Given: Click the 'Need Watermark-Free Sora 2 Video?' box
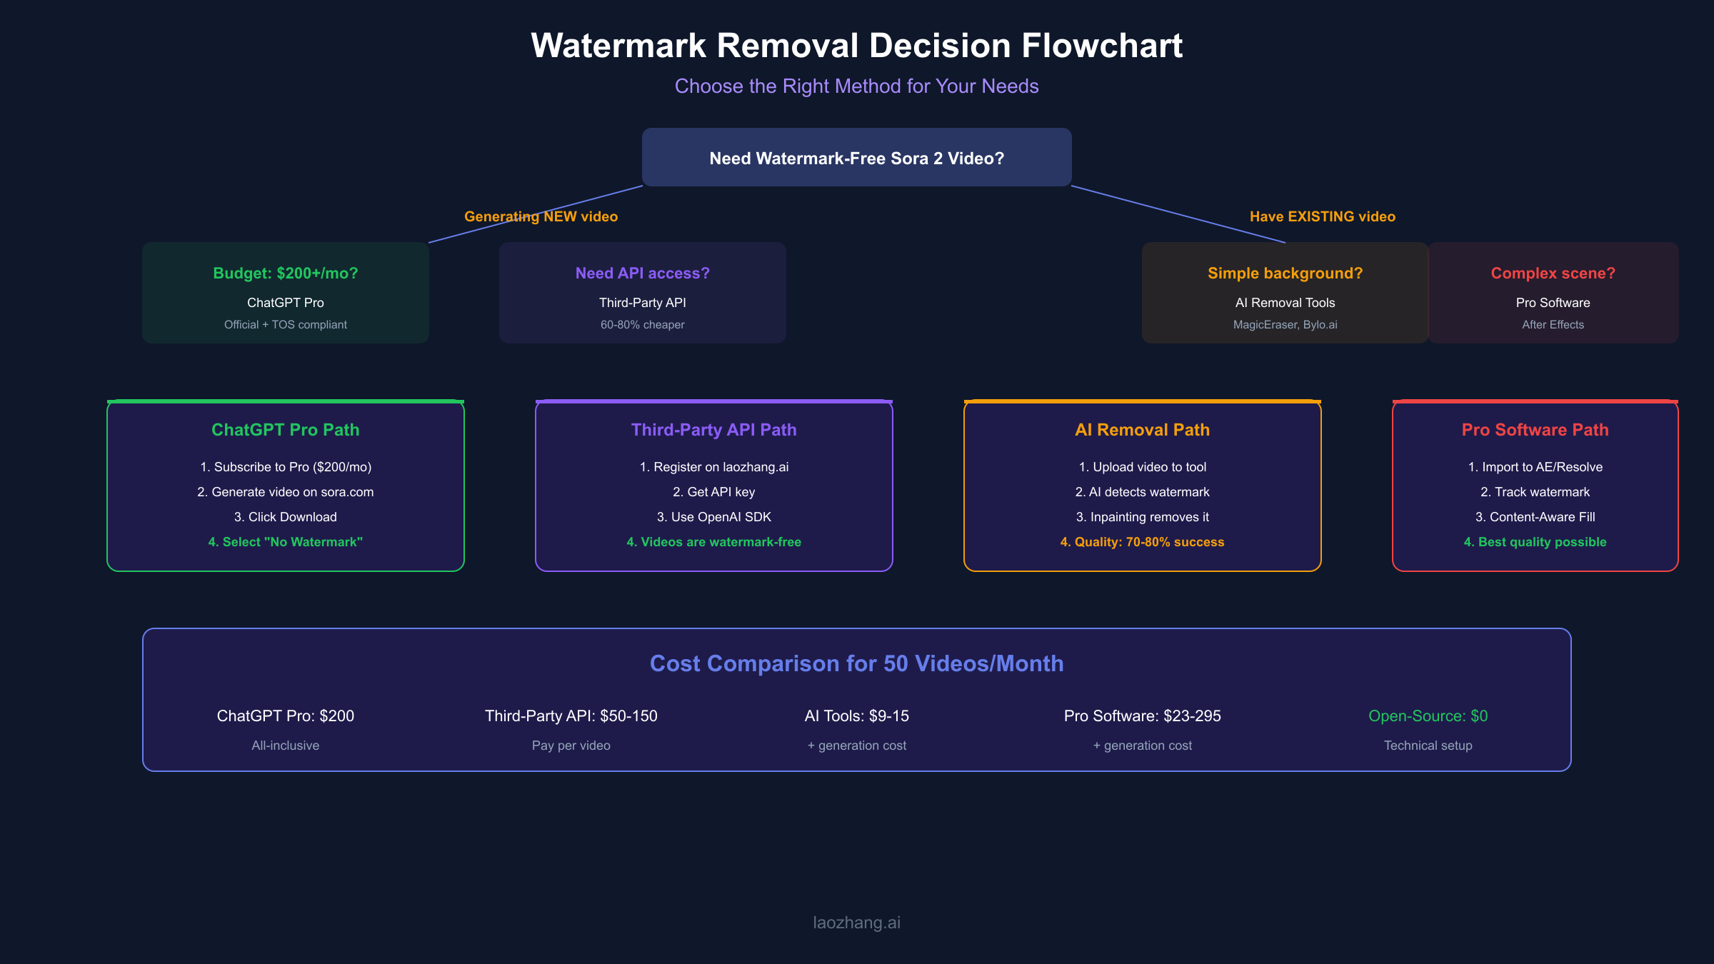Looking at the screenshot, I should [x=856, y=158].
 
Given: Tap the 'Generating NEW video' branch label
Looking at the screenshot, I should [x=541, y=216].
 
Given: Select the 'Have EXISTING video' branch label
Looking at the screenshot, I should [x=1322, y=216].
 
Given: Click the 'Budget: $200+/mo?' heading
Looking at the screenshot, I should [x=285, y=273].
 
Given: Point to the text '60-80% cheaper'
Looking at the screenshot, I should [x=642, y=324].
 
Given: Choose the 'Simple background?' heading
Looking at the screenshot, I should [x=1285, y=273].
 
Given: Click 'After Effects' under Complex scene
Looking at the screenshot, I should [x=1553, y=324].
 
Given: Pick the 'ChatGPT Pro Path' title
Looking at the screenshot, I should [x=285, y=429].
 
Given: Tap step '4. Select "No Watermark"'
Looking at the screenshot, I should [x=285, y=541].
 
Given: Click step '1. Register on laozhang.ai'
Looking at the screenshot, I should [x=713, y=466].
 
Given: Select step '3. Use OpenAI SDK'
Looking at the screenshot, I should [x=713, y=516].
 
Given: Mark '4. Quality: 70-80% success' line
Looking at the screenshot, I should [x=1142, y=541].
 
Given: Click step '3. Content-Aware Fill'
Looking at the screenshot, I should [x=1535, y=516].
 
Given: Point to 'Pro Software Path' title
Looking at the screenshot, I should [x=1535, y=429].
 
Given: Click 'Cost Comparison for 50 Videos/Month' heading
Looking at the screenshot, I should [x=856, y=663].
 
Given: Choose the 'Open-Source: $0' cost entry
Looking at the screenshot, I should [x=1428, y=716].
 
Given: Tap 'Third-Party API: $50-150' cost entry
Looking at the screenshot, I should [x=571, y=716].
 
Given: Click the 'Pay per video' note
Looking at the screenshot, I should [x=571, y=745].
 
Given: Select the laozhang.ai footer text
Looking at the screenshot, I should [x=856, y=922].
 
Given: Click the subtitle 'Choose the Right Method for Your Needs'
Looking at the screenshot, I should [x=856, y=86].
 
